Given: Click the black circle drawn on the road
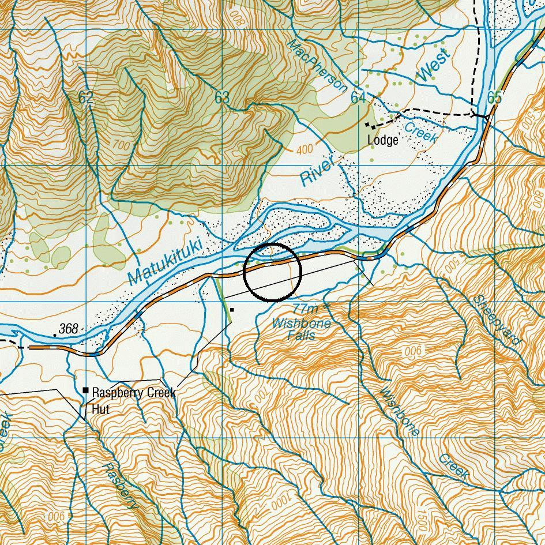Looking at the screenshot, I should pos(272,272).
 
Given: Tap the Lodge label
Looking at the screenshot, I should pos(382,140).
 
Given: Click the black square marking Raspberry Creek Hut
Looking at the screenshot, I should pos(86,390).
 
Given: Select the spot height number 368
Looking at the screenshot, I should pos(68,329).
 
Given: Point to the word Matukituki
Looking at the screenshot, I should pos(166,263).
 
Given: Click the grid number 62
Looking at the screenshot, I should pos(85,97).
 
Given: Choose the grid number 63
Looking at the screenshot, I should pos(222,97).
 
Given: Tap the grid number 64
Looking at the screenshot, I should pos(358,97).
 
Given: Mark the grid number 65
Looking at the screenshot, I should pos(494,97).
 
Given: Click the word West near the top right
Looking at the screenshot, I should pos(433,65).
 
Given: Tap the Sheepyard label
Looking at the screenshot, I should pos(497,320).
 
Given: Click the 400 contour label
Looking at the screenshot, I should pos(305,150).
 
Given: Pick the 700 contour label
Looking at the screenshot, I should pos(122,146).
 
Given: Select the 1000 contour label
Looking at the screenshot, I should pos(276,503).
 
